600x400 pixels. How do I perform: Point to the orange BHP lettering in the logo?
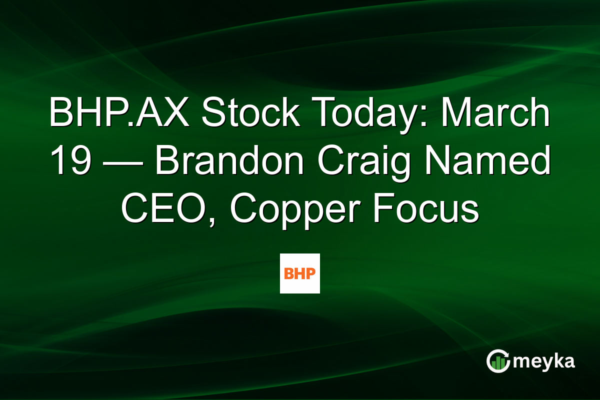(299, 273)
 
